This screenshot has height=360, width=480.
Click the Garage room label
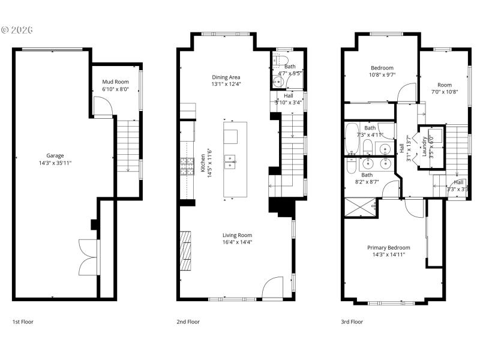[55, 155]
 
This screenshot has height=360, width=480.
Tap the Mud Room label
[115, 82]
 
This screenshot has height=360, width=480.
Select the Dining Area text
[226, 77]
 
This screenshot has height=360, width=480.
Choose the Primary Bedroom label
[389, 248]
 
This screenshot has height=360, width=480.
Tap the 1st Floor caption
[23, 322]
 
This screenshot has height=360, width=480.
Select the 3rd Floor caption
[352, 322]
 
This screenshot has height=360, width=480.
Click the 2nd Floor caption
[188, 322]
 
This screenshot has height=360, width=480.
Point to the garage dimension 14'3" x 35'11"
[55, 163]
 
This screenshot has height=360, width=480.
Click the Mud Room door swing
[103, 109]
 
